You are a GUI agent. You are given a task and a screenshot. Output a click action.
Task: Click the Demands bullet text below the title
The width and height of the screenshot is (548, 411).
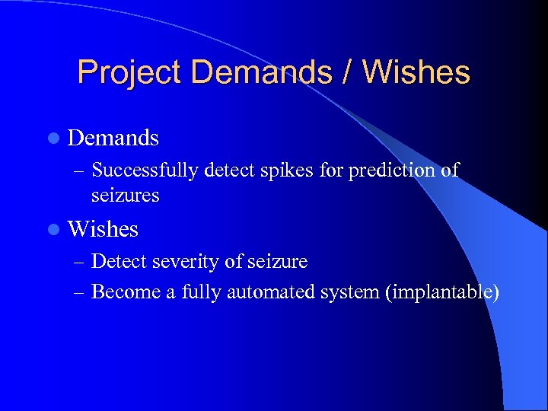113,138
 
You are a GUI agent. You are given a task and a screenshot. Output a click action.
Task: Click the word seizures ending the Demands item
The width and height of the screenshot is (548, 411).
125,196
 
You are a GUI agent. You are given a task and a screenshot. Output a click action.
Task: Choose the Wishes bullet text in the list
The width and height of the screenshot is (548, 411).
103,228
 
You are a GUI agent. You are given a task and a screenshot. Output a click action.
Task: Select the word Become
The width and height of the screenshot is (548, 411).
125,292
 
